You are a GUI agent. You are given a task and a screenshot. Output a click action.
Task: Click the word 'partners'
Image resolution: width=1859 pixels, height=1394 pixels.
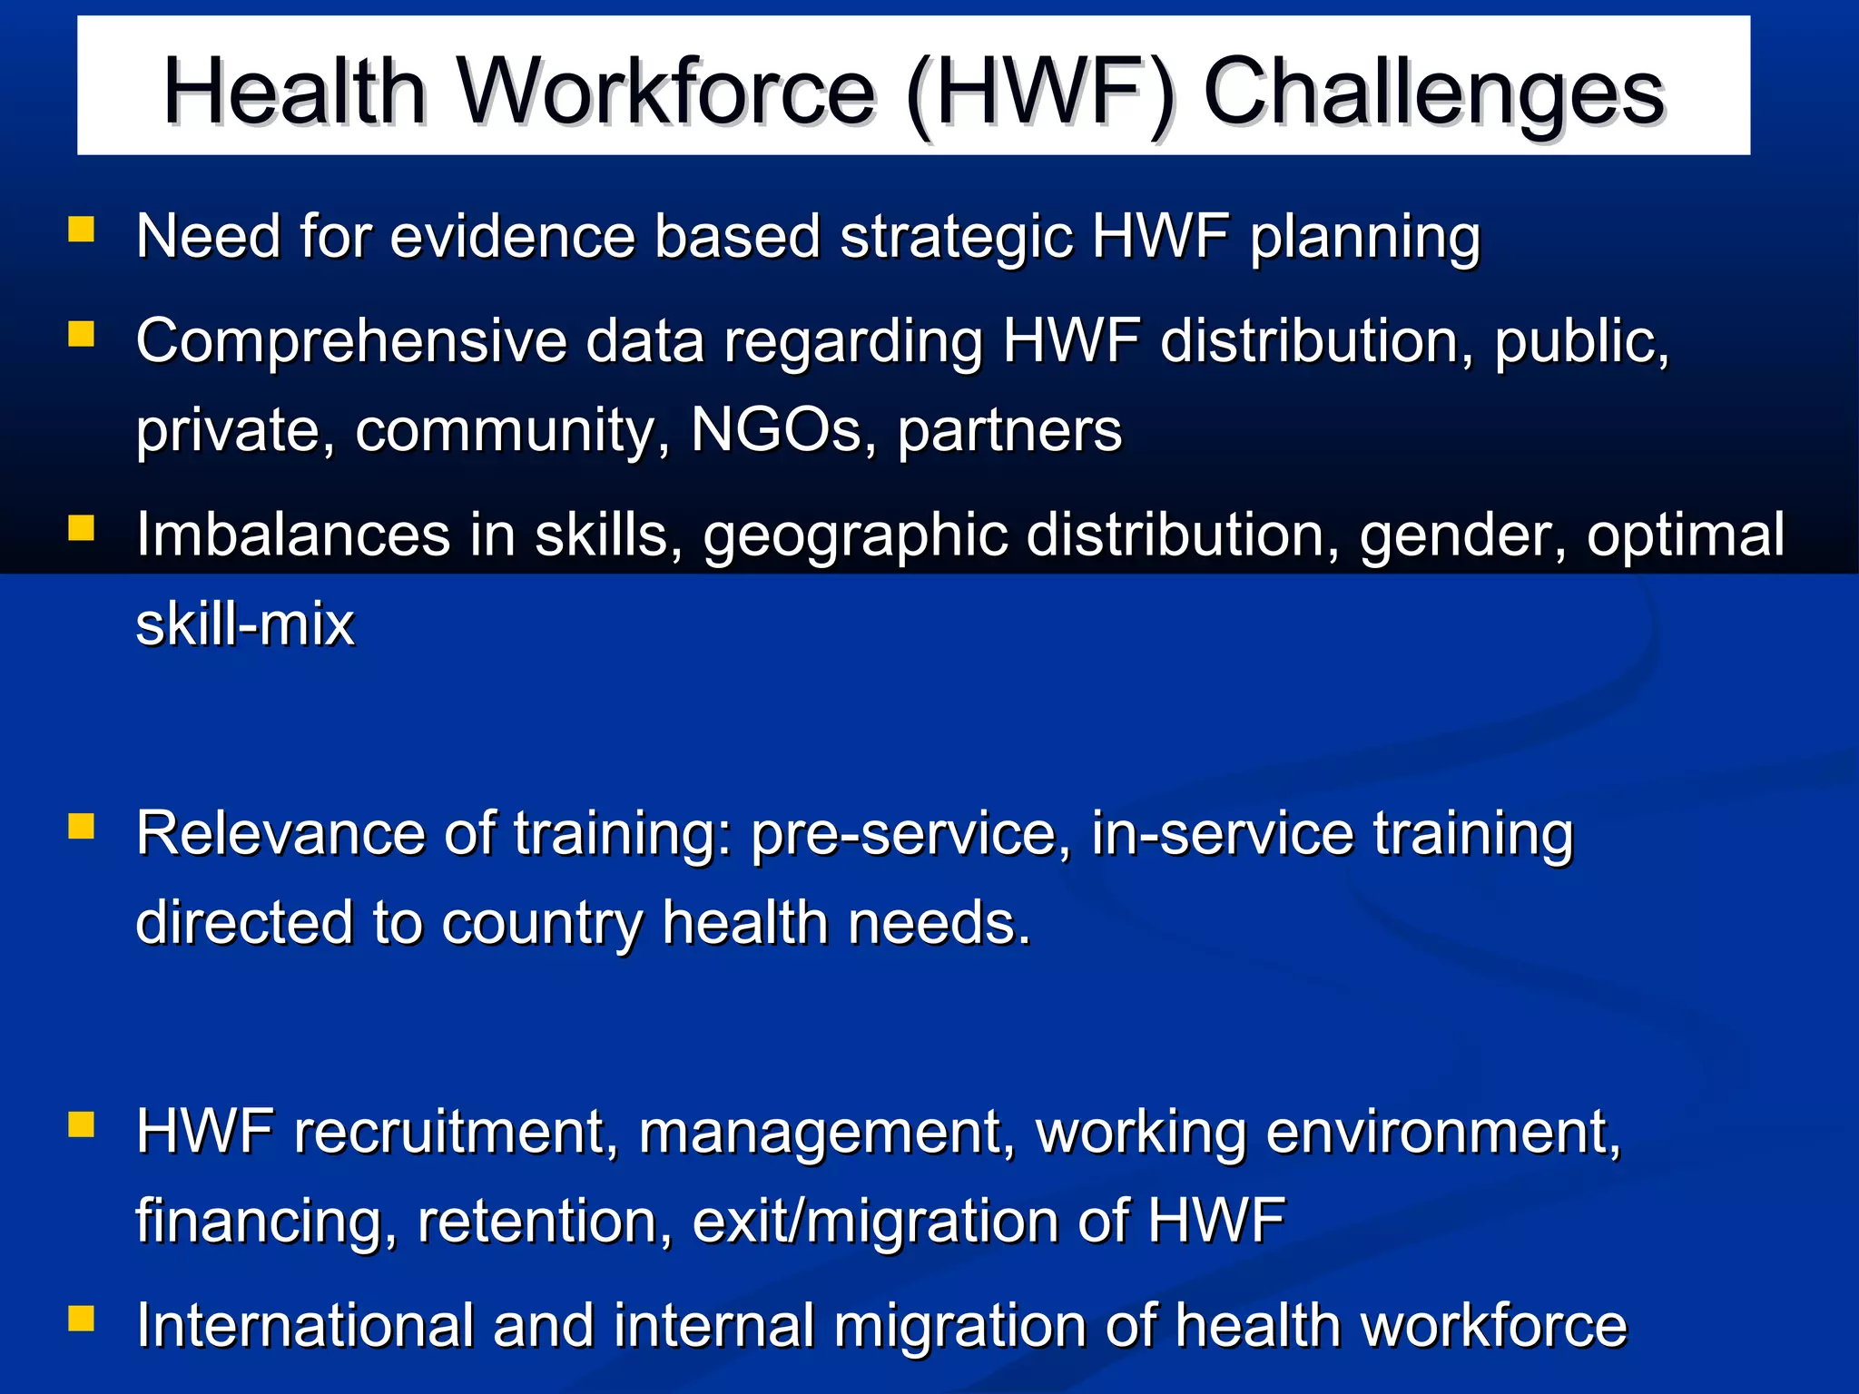click(x=1009, y=432)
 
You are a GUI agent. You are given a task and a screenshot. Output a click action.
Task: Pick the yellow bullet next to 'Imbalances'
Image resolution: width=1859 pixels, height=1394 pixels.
click(x=82, y=527)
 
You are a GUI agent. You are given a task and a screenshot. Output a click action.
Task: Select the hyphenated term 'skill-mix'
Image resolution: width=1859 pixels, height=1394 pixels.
click(x=245, y=625)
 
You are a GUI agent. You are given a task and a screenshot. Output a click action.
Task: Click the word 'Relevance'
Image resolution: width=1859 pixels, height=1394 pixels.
click(x=280, y=834)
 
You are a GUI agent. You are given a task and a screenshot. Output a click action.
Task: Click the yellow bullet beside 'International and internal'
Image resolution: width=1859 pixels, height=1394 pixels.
click(x=82, y=1318)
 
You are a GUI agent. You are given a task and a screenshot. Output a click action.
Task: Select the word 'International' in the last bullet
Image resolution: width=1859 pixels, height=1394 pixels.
click(x=305, y=1326)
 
